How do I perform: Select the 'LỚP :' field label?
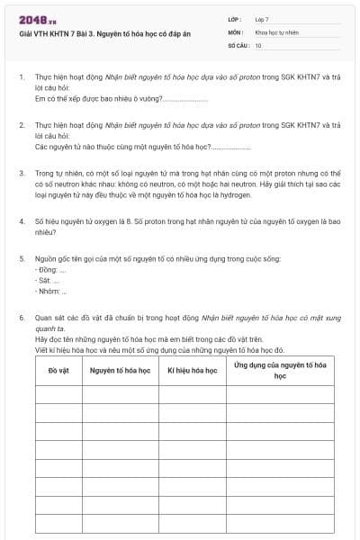click(235, 18)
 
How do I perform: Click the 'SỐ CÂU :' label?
click(238, 44)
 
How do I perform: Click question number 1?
click(22, 78)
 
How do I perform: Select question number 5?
click(22, 259)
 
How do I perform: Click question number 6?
click(22, 318)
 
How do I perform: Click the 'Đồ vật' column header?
click(58, 371)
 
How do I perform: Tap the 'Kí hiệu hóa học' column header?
click(193, 371)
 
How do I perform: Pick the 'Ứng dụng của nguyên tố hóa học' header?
click(280, 370)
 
